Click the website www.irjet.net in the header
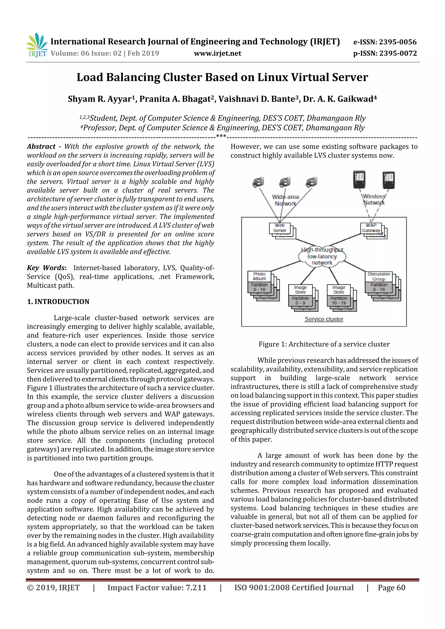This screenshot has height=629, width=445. click(x=218, y=53)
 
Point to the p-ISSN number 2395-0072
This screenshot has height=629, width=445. click(x=398, y=53)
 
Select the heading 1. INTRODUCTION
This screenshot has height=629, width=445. click(x=58, y=302)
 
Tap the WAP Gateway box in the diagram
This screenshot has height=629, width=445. click(x=371, y=228)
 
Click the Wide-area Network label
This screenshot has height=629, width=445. click(x=286, y=200)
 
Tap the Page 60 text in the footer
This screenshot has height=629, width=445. click(x=391, y=588)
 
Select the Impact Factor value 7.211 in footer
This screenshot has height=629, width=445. click(x=157, y=588)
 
